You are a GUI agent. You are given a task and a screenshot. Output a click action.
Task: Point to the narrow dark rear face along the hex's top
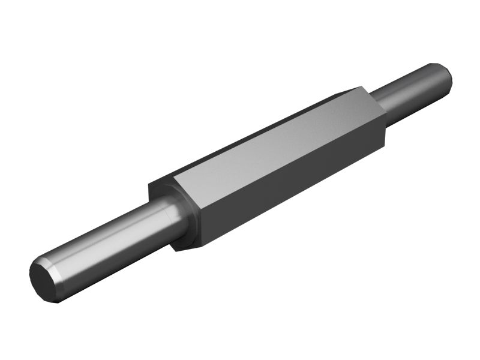point(252,131)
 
